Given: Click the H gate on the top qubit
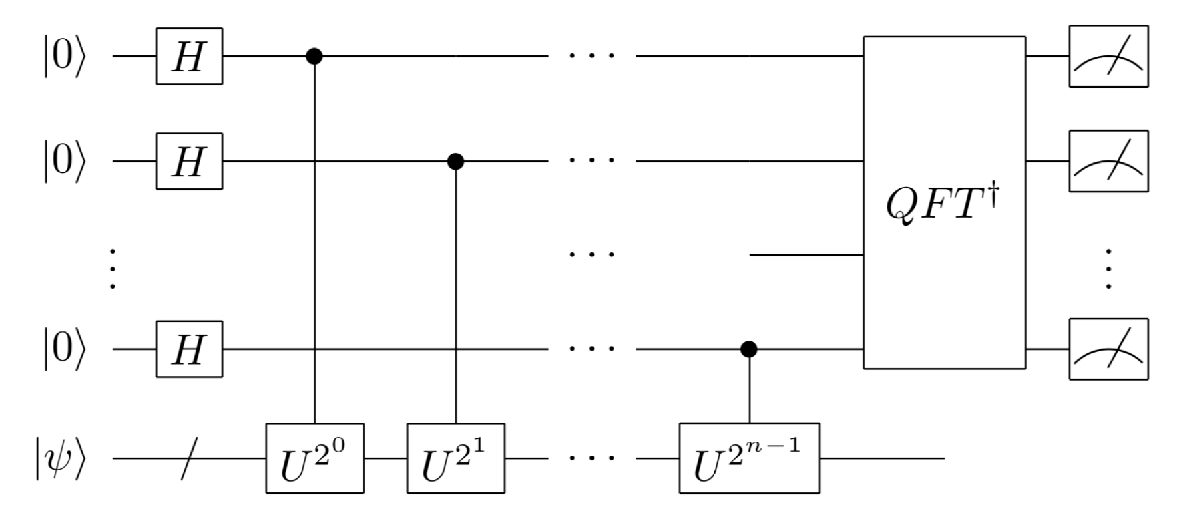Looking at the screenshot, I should click(x=189, y=56).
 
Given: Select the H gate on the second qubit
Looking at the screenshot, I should click(x=189, y=161).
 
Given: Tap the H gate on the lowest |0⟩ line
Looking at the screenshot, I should click(x=189, y=349).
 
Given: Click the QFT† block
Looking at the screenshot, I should click(x=944, y=202).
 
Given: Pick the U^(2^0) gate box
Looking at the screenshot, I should click(x=314, y=458).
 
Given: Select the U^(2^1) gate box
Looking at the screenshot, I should click(x=455, y=458).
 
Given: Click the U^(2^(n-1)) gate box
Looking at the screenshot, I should click(x=749, y=458).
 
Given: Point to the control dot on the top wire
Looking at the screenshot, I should click(x=314, y=56).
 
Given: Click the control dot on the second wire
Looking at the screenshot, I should click(x=455, y=161).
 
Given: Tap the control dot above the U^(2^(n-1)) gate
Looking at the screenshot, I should click(x=749, y=349).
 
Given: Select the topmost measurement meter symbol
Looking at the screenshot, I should click(x=1108, y=56).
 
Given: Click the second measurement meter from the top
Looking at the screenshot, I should click(x=1108, y=161).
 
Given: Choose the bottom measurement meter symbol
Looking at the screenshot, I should click(x=1108, y=349).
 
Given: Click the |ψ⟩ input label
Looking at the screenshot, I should click(x=61, y=458).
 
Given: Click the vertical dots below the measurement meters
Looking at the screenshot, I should click(x=1108, y=269).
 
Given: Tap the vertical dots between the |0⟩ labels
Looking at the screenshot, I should click(x=113, y=269).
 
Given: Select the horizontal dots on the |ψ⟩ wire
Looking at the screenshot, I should click(x=591, y=458).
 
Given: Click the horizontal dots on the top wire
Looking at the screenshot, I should click(x=591, y=56).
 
